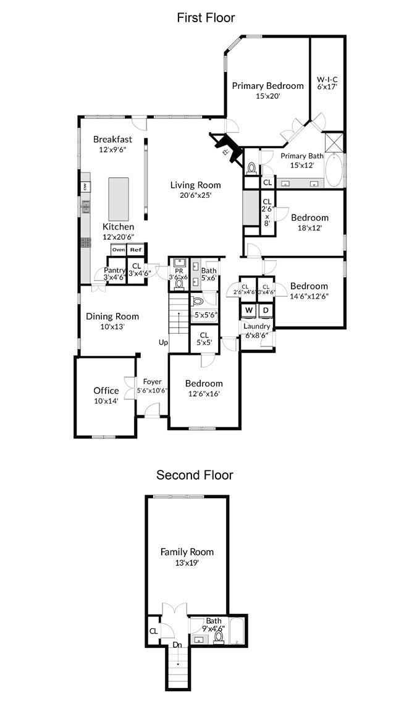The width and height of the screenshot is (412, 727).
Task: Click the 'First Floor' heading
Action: [206, 17]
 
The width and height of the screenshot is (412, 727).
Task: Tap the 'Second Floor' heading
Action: [195, 475]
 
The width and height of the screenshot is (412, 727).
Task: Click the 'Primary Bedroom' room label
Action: [267, 86]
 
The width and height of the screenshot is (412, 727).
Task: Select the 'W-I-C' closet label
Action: [327, 80]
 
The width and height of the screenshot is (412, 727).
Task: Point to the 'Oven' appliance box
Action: [118, 250]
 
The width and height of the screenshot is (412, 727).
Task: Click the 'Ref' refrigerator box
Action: [135, 250]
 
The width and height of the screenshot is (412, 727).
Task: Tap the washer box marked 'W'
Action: [248, 310]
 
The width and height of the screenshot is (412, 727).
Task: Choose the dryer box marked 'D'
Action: [266, 310]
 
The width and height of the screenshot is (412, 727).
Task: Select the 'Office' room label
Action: [106, 391]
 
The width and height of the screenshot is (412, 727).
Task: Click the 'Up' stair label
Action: [164, 342]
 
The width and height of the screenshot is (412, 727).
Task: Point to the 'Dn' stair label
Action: [177, 645]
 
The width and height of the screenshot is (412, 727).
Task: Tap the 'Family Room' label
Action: [187, 552]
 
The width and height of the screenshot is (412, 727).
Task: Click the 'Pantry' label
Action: [114, 270]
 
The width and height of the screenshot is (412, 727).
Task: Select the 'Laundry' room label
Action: [256, 326]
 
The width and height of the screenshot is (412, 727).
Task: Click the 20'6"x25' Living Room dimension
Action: [195, 195]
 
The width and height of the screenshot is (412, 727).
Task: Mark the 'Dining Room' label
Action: [112, 317]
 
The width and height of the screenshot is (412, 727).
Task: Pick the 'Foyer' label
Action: [152, 382]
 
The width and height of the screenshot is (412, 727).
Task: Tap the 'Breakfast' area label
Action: [112, 140]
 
